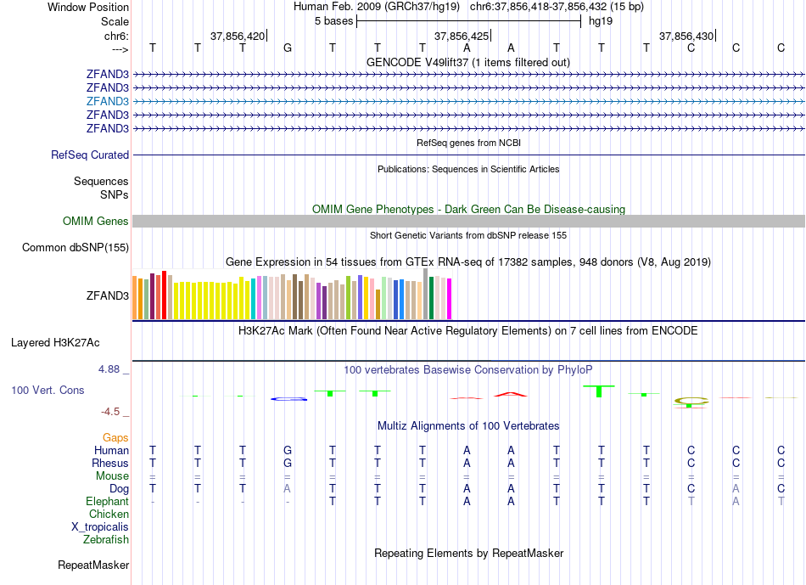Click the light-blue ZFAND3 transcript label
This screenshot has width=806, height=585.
(x=107, y=100)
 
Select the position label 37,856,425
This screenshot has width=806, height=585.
(x=462, y=37)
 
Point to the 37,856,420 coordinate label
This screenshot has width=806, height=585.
(x=238, y=37)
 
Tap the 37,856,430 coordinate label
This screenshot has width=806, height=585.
(x=686, y=37)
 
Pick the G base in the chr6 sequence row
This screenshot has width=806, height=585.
(x=288, y=48)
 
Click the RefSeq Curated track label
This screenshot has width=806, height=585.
(x=90, y=155)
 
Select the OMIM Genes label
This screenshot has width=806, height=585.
(x=96, y=222)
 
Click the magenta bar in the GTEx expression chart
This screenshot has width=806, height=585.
(x=450, y=298)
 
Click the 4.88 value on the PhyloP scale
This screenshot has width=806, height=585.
(x=110, y=369)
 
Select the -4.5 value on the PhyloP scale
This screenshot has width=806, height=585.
(x=113, y=412)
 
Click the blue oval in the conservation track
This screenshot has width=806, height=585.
(x=288, y=398)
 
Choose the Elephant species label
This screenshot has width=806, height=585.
(x=108, y=502)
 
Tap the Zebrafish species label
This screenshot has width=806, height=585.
(x=106, y=539)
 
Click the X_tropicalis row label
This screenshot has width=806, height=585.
(x=100, y=526)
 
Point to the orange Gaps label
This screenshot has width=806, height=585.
(x=115, y=437)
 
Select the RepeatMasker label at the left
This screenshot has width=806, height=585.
(x=93, y=565)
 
